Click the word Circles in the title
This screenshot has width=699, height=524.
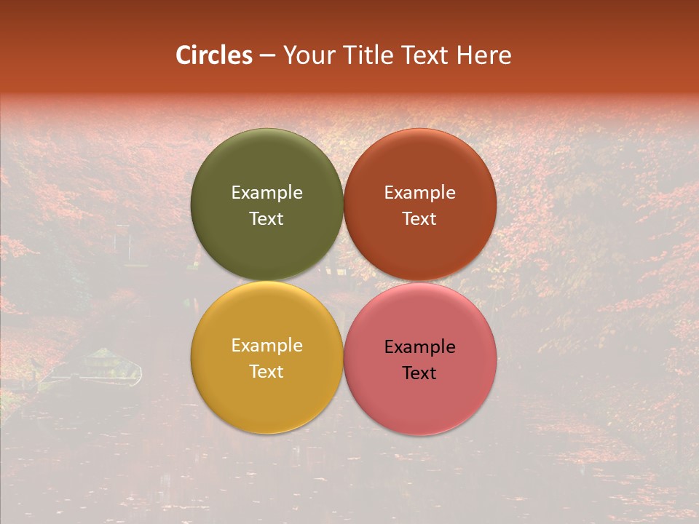coord(213,55)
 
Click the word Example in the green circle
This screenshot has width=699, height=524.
coord(266,193)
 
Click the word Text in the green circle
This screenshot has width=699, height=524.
coord(266,219)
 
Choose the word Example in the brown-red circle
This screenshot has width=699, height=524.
coord(420,193)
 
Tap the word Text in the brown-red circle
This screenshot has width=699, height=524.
coord(420,219)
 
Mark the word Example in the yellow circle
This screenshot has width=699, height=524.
coord(266,346)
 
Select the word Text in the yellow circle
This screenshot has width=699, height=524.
coord(266,372)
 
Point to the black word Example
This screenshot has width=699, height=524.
coord(420,347)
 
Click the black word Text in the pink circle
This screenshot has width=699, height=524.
coord(420,373)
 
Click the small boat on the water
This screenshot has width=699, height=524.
coord(102,368)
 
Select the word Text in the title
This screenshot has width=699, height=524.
coord(426,55)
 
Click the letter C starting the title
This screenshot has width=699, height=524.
coord(183,55)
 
